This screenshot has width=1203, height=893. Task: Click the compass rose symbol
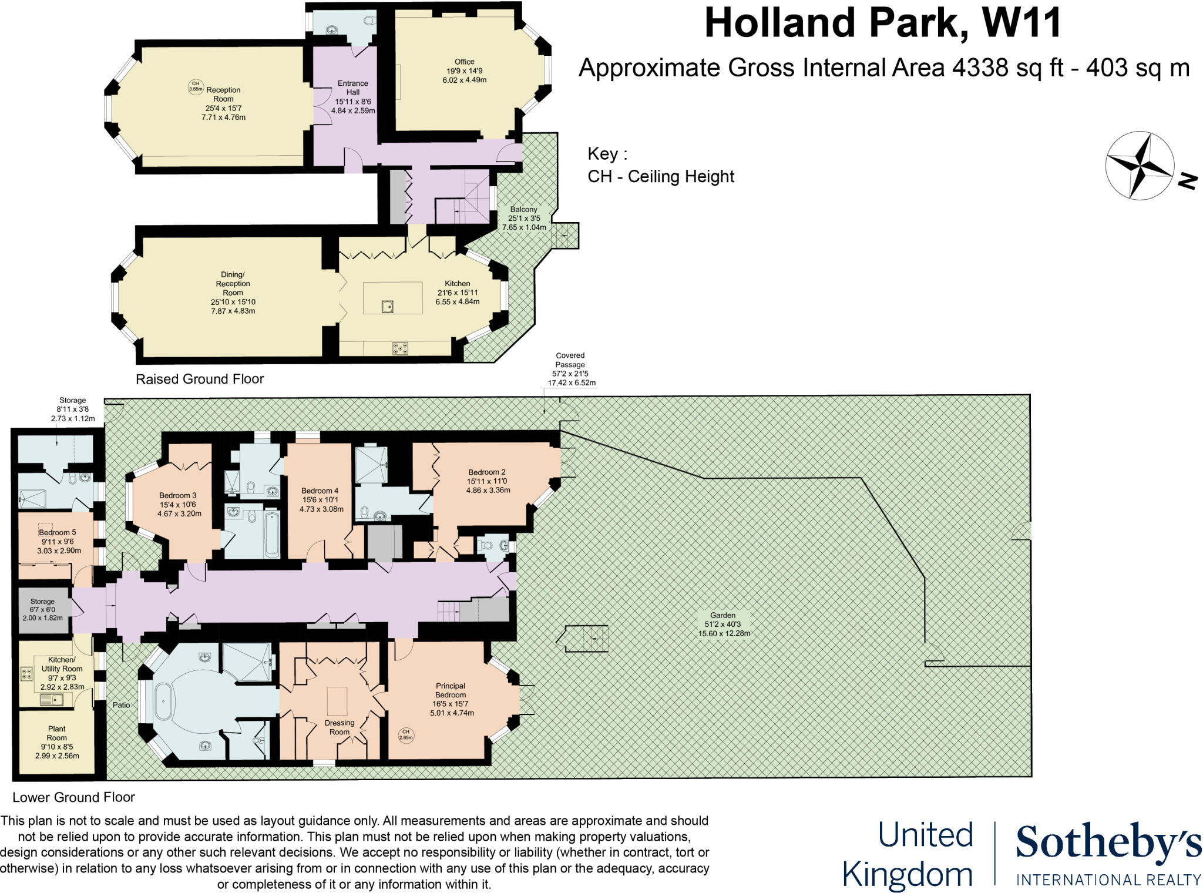coord(1140,166)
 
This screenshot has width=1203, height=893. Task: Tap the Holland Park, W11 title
coord(882,23)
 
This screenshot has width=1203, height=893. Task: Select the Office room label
coord(464,62)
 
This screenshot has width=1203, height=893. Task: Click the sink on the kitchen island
coord(387,306)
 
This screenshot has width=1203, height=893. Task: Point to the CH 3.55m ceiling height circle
coord(196,87)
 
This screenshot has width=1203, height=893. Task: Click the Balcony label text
coord(523,209)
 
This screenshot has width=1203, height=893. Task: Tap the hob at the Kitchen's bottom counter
coord(400,348)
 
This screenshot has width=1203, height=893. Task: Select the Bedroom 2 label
coord(486,472)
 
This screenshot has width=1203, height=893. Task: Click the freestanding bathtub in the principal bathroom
coord(162,701)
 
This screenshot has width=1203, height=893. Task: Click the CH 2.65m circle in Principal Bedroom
coord(406,734)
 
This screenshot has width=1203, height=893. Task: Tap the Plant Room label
coord(57,733)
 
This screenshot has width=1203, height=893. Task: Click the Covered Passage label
coord(570,360)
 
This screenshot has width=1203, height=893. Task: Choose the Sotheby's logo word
coord(1108,842)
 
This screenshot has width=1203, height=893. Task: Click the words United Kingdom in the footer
coord(908,854)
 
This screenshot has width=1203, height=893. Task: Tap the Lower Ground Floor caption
coord(73,797)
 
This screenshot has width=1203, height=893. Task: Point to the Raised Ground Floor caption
coord(200,379)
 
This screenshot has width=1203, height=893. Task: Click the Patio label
coord(121,705)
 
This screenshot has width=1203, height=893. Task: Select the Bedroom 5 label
coord(58,532)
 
